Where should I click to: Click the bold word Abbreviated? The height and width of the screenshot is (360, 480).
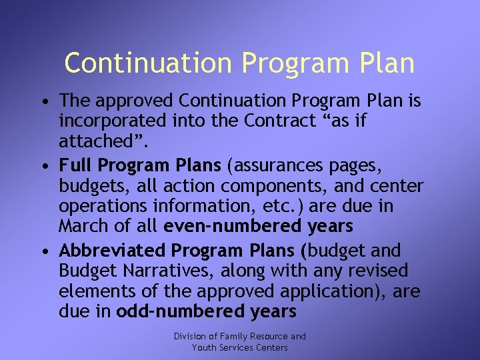pos(112,251)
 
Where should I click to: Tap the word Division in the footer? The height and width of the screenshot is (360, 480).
pos(190,337)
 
